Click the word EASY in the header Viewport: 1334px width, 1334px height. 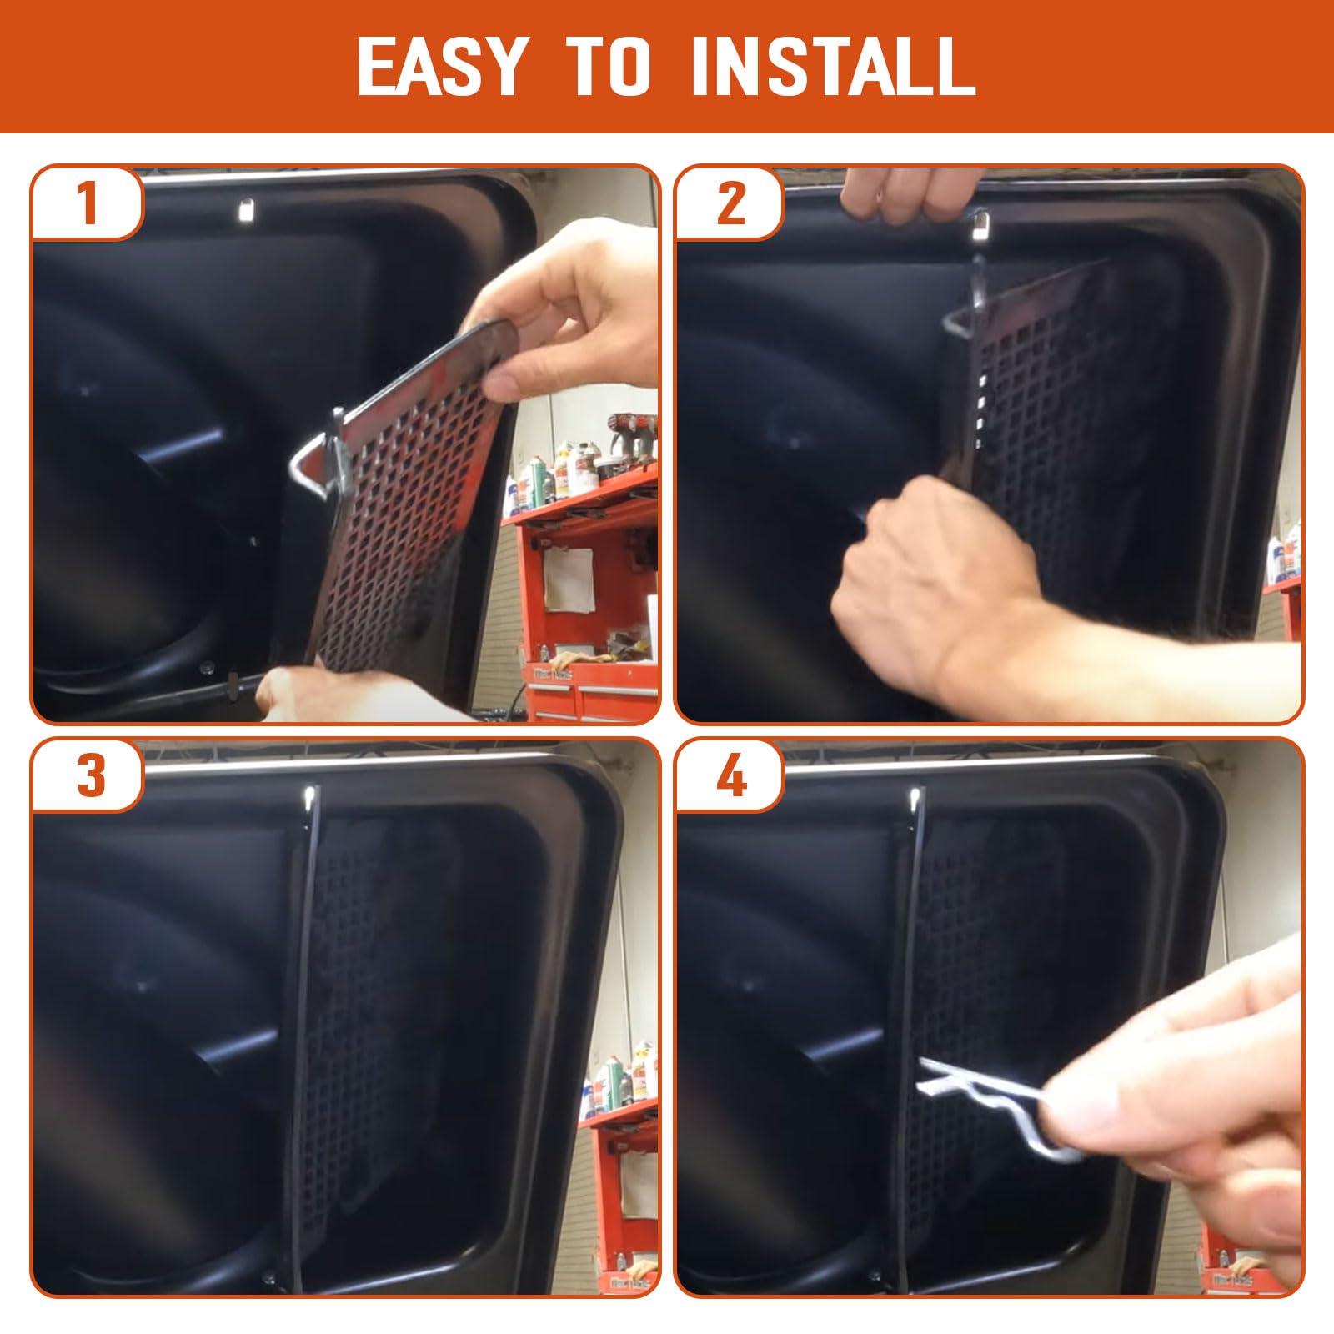pyautogui.click(x=444, y=66)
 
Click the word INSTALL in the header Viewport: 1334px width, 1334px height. pyautogui.click(x=833, y=66)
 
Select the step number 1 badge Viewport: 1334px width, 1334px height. pyautogui.click(x=88, y=203)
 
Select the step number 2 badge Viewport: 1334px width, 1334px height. pyautogui.click(x=730, y=203)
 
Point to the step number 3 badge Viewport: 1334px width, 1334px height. pyautogui.click(x=88, y=775)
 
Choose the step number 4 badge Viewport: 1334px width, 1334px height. pyautogui.click(x=730, y=775)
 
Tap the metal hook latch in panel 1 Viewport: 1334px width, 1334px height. pyautogui.click(x=321, y=459)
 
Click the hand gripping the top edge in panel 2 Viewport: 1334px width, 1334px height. pyautogui.click(x=900, y=196)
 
